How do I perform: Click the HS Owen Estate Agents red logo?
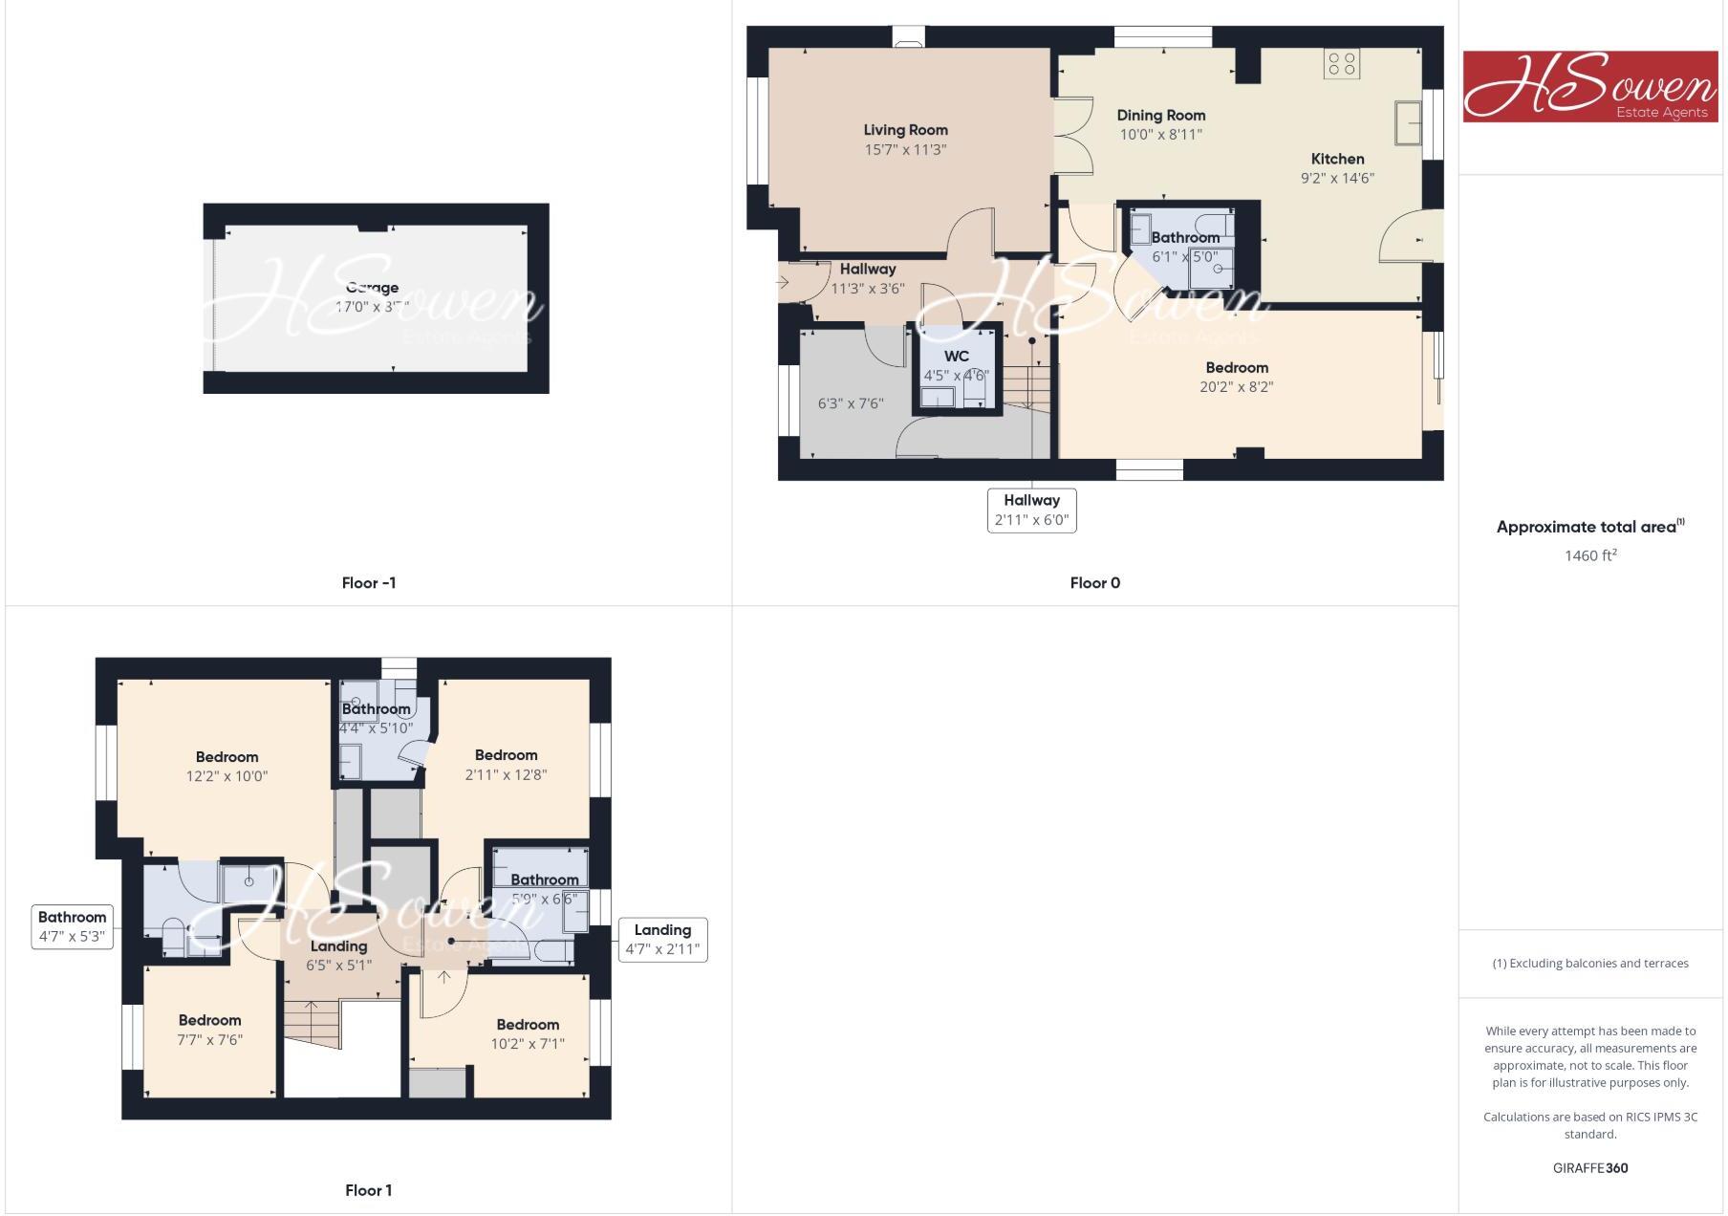tap(1589, 87)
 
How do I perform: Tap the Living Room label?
tap(905, 130)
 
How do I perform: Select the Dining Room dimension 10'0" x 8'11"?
tap(1160, 135)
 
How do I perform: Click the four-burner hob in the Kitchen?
tap(1342, 64)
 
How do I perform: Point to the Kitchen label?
tap(1337, 159)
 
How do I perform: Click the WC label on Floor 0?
tap(956, 357)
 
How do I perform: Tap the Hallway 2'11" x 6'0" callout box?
tap(1031, 510)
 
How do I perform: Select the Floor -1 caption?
tap(369, 583)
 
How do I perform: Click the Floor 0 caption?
tap(1094, 583)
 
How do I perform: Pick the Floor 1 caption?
tap(369, 1190)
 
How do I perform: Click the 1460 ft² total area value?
tap(1590, 555)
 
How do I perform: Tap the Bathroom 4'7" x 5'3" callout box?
tap(73, 926)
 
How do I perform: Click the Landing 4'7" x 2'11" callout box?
tap(662, 940)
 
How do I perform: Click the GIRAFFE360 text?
tap(1590, 1168)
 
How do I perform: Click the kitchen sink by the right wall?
tap(1408, 122)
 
